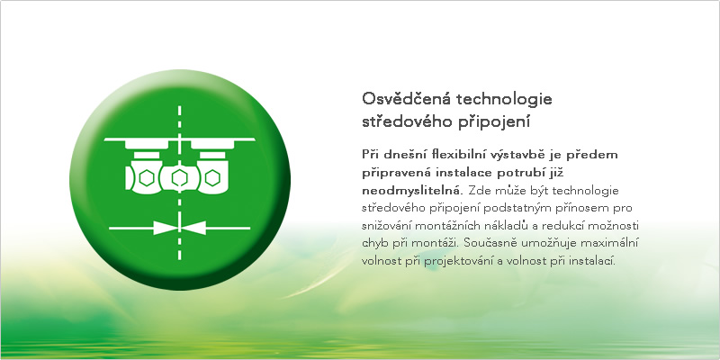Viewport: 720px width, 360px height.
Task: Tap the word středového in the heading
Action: (407, 122)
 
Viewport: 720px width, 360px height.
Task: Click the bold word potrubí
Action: (522, 173)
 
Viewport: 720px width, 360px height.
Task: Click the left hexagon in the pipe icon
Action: (146, 177)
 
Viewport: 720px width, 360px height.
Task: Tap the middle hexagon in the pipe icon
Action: (179, 177)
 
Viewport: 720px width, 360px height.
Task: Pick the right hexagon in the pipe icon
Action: (212, 177)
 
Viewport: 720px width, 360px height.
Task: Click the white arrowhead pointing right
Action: (165, 228)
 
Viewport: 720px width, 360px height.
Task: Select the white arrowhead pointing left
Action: (194, 228)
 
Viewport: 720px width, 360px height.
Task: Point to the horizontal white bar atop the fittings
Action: (179, 139)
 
